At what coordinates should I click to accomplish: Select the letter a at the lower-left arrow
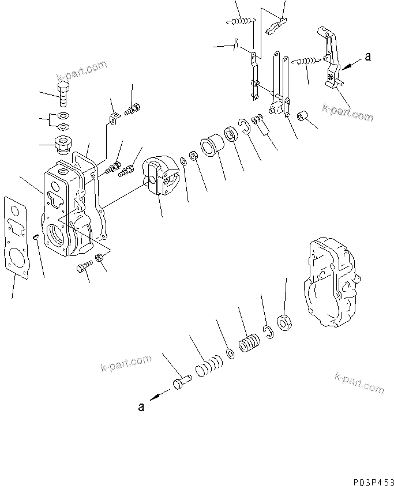pos(140,407)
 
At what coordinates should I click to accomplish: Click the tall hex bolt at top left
pos(63,93)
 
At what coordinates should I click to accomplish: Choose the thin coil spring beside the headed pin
pos(208,367)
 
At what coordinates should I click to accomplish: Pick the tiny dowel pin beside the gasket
pos(36,236)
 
